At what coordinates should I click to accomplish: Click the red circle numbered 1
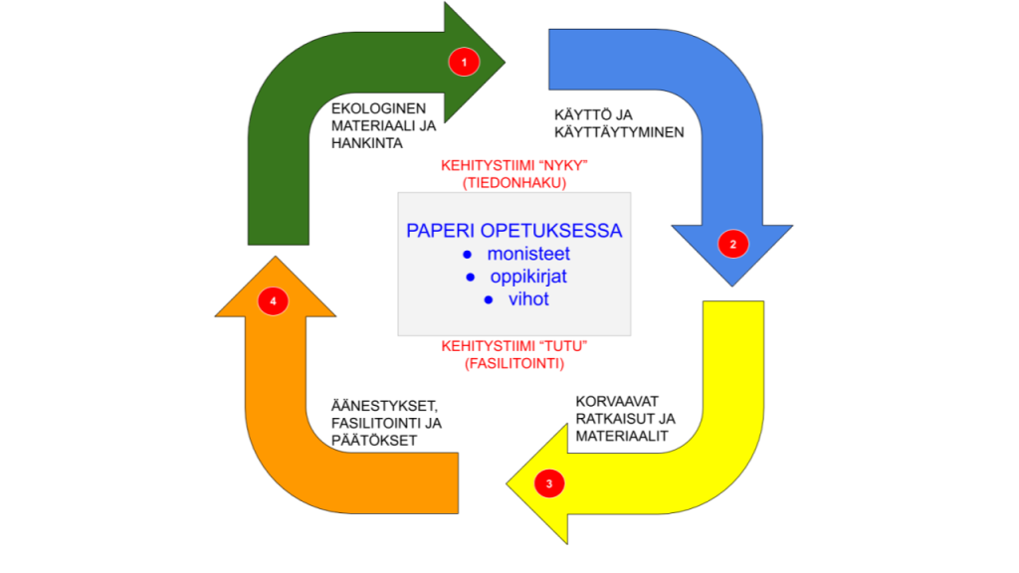[464, 62]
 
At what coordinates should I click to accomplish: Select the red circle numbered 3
[549, 484]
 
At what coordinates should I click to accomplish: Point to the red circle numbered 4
[273, 298]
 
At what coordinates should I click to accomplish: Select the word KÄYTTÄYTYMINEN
[618, 131]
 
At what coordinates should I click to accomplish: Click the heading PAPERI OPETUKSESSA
[513, 231]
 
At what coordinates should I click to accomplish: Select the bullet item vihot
[528, 298]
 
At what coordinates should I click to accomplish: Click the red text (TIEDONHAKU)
[513, 183]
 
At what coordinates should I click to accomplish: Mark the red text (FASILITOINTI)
[513, 364]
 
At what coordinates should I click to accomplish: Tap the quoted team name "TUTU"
[560, 345]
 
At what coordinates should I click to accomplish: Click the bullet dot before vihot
[489, 299]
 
